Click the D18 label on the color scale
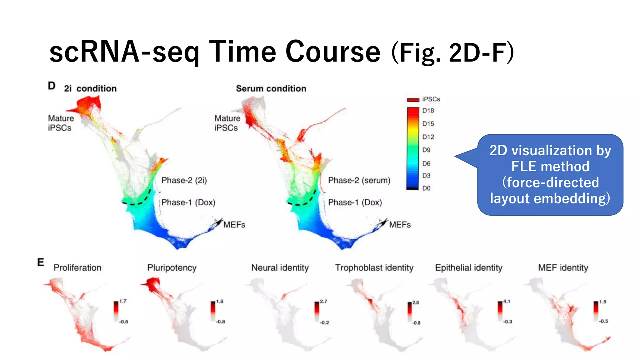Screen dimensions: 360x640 tap(428, 111)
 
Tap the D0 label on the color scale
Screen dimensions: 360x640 tap(426, 188)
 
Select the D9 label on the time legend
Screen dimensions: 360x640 tap(426, 150)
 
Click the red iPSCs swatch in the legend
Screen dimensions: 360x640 tap(413, 100)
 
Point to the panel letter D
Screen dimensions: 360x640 tap(52, 86)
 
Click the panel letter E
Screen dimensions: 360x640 tap(41, 262)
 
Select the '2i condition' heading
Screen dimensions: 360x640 tap(90, 89)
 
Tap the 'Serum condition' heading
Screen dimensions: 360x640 tap(271, 89)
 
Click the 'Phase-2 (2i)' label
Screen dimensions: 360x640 tap(184, 180)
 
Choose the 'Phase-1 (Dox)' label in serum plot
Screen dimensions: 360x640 tap(355, 202)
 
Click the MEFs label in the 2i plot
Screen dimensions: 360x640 tap(234, 225)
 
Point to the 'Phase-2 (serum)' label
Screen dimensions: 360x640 tap(359, 180)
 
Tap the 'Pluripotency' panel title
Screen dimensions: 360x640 tap(172, 268)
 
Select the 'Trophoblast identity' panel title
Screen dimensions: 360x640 tap(374, 268)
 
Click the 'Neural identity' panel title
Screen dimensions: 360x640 tap(280, 268)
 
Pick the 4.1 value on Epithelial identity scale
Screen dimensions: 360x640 tap(507, 302)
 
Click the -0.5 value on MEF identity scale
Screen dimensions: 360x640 tap(603, 321)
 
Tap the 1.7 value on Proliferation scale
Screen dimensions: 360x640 tap(123, 301)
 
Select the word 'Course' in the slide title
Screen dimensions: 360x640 tap(333, 52)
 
